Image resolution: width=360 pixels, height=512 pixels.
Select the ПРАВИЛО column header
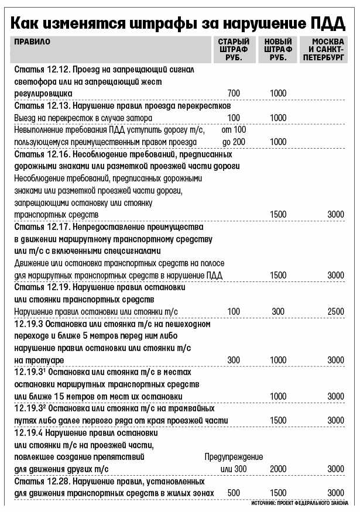pyautogui.click(x=32, y=42)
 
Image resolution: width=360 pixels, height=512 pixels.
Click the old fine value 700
pyautogui.click(x=234, y=93)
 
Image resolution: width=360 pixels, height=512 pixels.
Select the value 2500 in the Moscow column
pyautogui.click(x=335, y=311)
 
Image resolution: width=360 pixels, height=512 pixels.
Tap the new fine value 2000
pyautogui.click(x=278, y=469)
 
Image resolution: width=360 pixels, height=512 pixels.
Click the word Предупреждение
pyautogui.click(x=234, y=456)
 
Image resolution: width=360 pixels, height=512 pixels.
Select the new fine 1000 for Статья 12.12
pyautogui.click(x=278, y=93)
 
